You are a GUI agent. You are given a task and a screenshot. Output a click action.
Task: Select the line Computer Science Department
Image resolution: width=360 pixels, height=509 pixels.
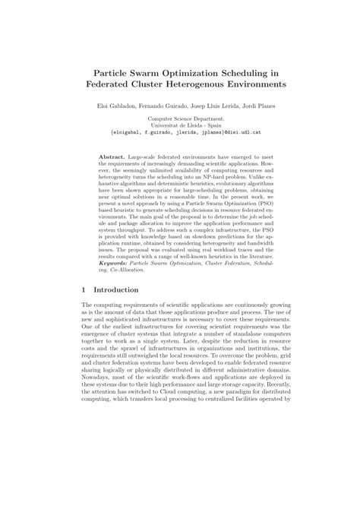(x=180, y=120)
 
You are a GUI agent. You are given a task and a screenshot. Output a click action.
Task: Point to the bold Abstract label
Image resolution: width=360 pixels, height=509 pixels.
(x=112, y=156)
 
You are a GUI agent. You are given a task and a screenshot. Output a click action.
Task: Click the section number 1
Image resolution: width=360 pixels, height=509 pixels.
(x=84, y=289)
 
